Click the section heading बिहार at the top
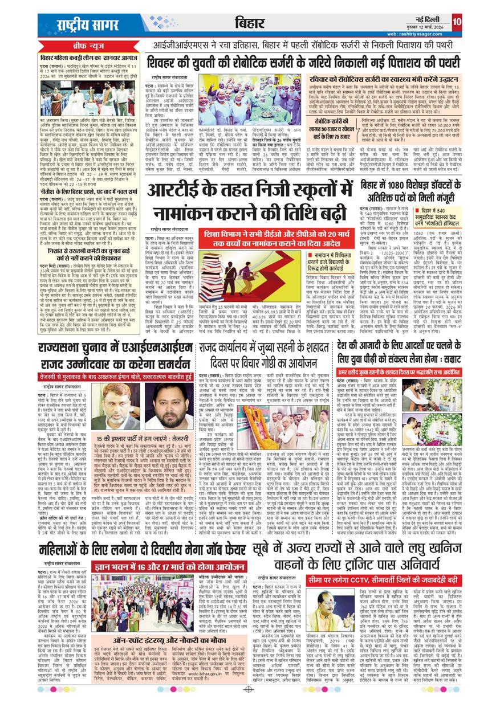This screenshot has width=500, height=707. click(x=249, y=23)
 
